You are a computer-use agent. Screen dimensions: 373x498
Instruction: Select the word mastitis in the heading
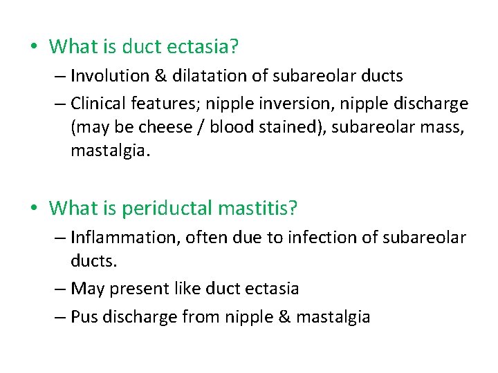[x=259, y=207]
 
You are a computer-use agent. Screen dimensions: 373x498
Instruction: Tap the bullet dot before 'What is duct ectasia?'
[x=33, y=47]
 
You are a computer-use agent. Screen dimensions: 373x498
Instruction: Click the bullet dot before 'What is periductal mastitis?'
[x=33, y=207]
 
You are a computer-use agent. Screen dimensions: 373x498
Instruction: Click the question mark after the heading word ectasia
[x=234, y=46]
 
